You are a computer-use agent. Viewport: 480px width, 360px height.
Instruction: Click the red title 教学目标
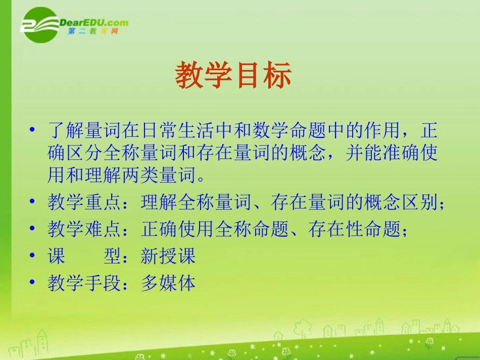[233, 77]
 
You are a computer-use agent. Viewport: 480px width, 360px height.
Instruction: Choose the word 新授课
[168, 256]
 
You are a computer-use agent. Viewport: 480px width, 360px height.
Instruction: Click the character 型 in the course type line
[112, 256]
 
